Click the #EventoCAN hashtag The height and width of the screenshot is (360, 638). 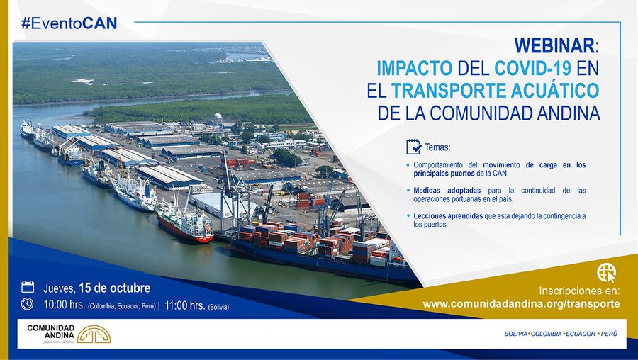point(69,23)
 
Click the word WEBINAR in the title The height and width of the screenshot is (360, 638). point(554,45)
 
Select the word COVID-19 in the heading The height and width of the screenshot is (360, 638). point(533,68)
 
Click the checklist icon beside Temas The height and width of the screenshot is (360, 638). point(413,147)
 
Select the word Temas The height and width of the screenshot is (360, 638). point(437,147)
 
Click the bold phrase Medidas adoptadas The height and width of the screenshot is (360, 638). point(447,191)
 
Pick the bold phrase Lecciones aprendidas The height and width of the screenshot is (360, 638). point(448,216)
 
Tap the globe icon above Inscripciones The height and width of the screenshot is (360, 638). point(606,273)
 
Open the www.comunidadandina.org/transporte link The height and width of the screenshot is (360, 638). point(521,304)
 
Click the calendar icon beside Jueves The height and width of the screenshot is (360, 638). point(28,287)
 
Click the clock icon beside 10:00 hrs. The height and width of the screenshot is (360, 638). point(27,304)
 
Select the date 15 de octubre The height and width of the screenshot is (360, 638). point(114,288)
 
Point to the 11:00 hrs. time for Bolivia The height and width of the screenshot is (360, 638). point(185,305)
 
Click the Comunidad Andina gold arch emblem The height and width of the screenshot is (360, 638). point(94,334)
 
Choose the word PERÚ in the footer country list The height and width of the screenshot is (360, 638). point(609,334)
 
